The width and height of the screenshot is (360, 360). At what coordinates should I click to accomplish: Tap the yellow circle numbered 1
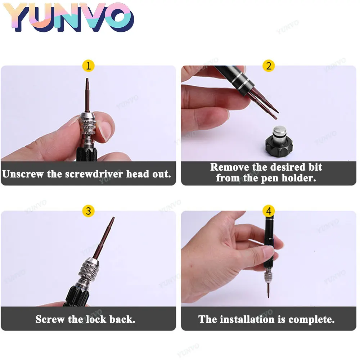[88, 66]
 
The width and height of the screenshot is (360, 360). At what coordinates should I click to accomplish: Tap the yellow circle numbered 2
[269, 66]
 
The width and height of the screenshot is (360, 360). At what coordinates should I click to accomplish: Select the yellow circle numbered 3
[88, 211]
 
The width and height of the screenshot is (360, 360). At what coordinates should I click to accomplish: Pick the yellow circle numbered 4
[269, 211]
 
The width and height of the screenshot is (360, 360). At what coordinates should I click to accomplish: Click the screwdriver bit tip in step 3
[113, 219]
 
